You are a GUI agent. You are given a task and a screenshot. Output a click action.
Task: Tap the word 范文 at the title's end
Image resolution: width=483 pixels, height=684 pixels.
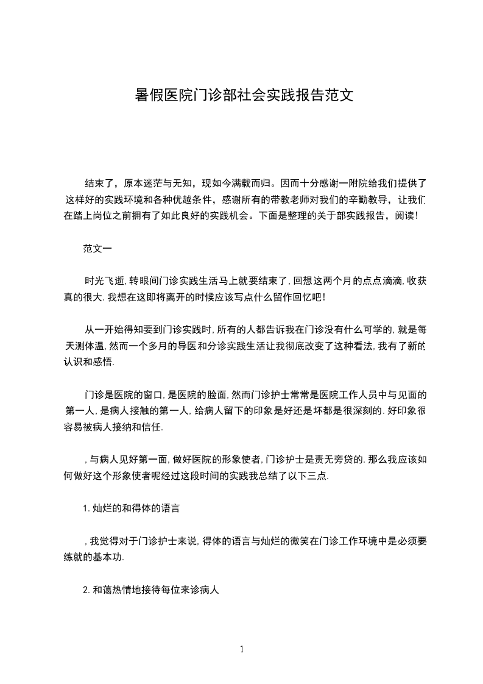[x=340, y=96]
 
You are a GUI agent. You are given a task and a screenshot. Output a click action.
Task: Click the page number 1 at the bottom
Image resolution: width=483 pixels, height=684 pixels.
[x=242, y=649]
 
